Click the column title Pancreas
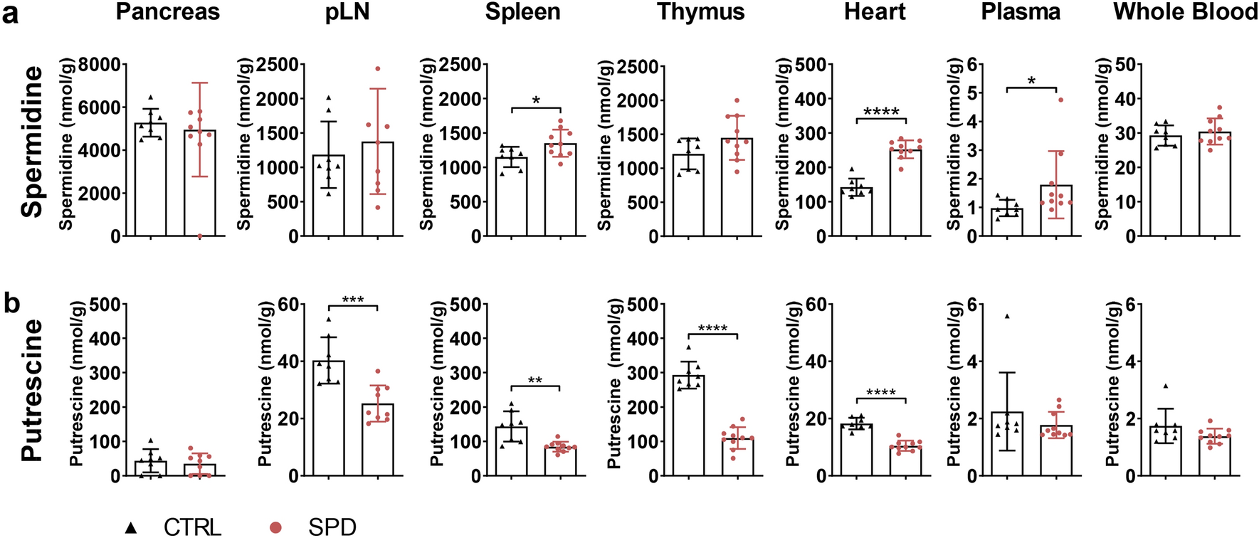[x=168, y=12]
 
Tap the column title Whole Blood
[x=1184, y=12]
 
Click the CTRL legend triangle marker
[x=131, y=527]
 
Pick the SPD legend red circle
[x=276, y=527]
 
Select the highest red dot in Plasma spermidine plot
[x=1060, y=100]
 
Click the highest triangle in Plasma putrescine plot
[x=1007, y=316]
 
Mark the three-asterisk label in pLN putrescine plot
[x=353, y=300]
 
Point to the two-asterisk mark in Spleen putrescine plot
[x=535, y=381]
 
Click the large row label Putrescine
[x=32, y=390]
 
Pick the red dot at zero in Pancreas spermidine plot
[x=200, y=236]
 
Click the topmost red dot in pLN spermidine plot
[x=378, y=69]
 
